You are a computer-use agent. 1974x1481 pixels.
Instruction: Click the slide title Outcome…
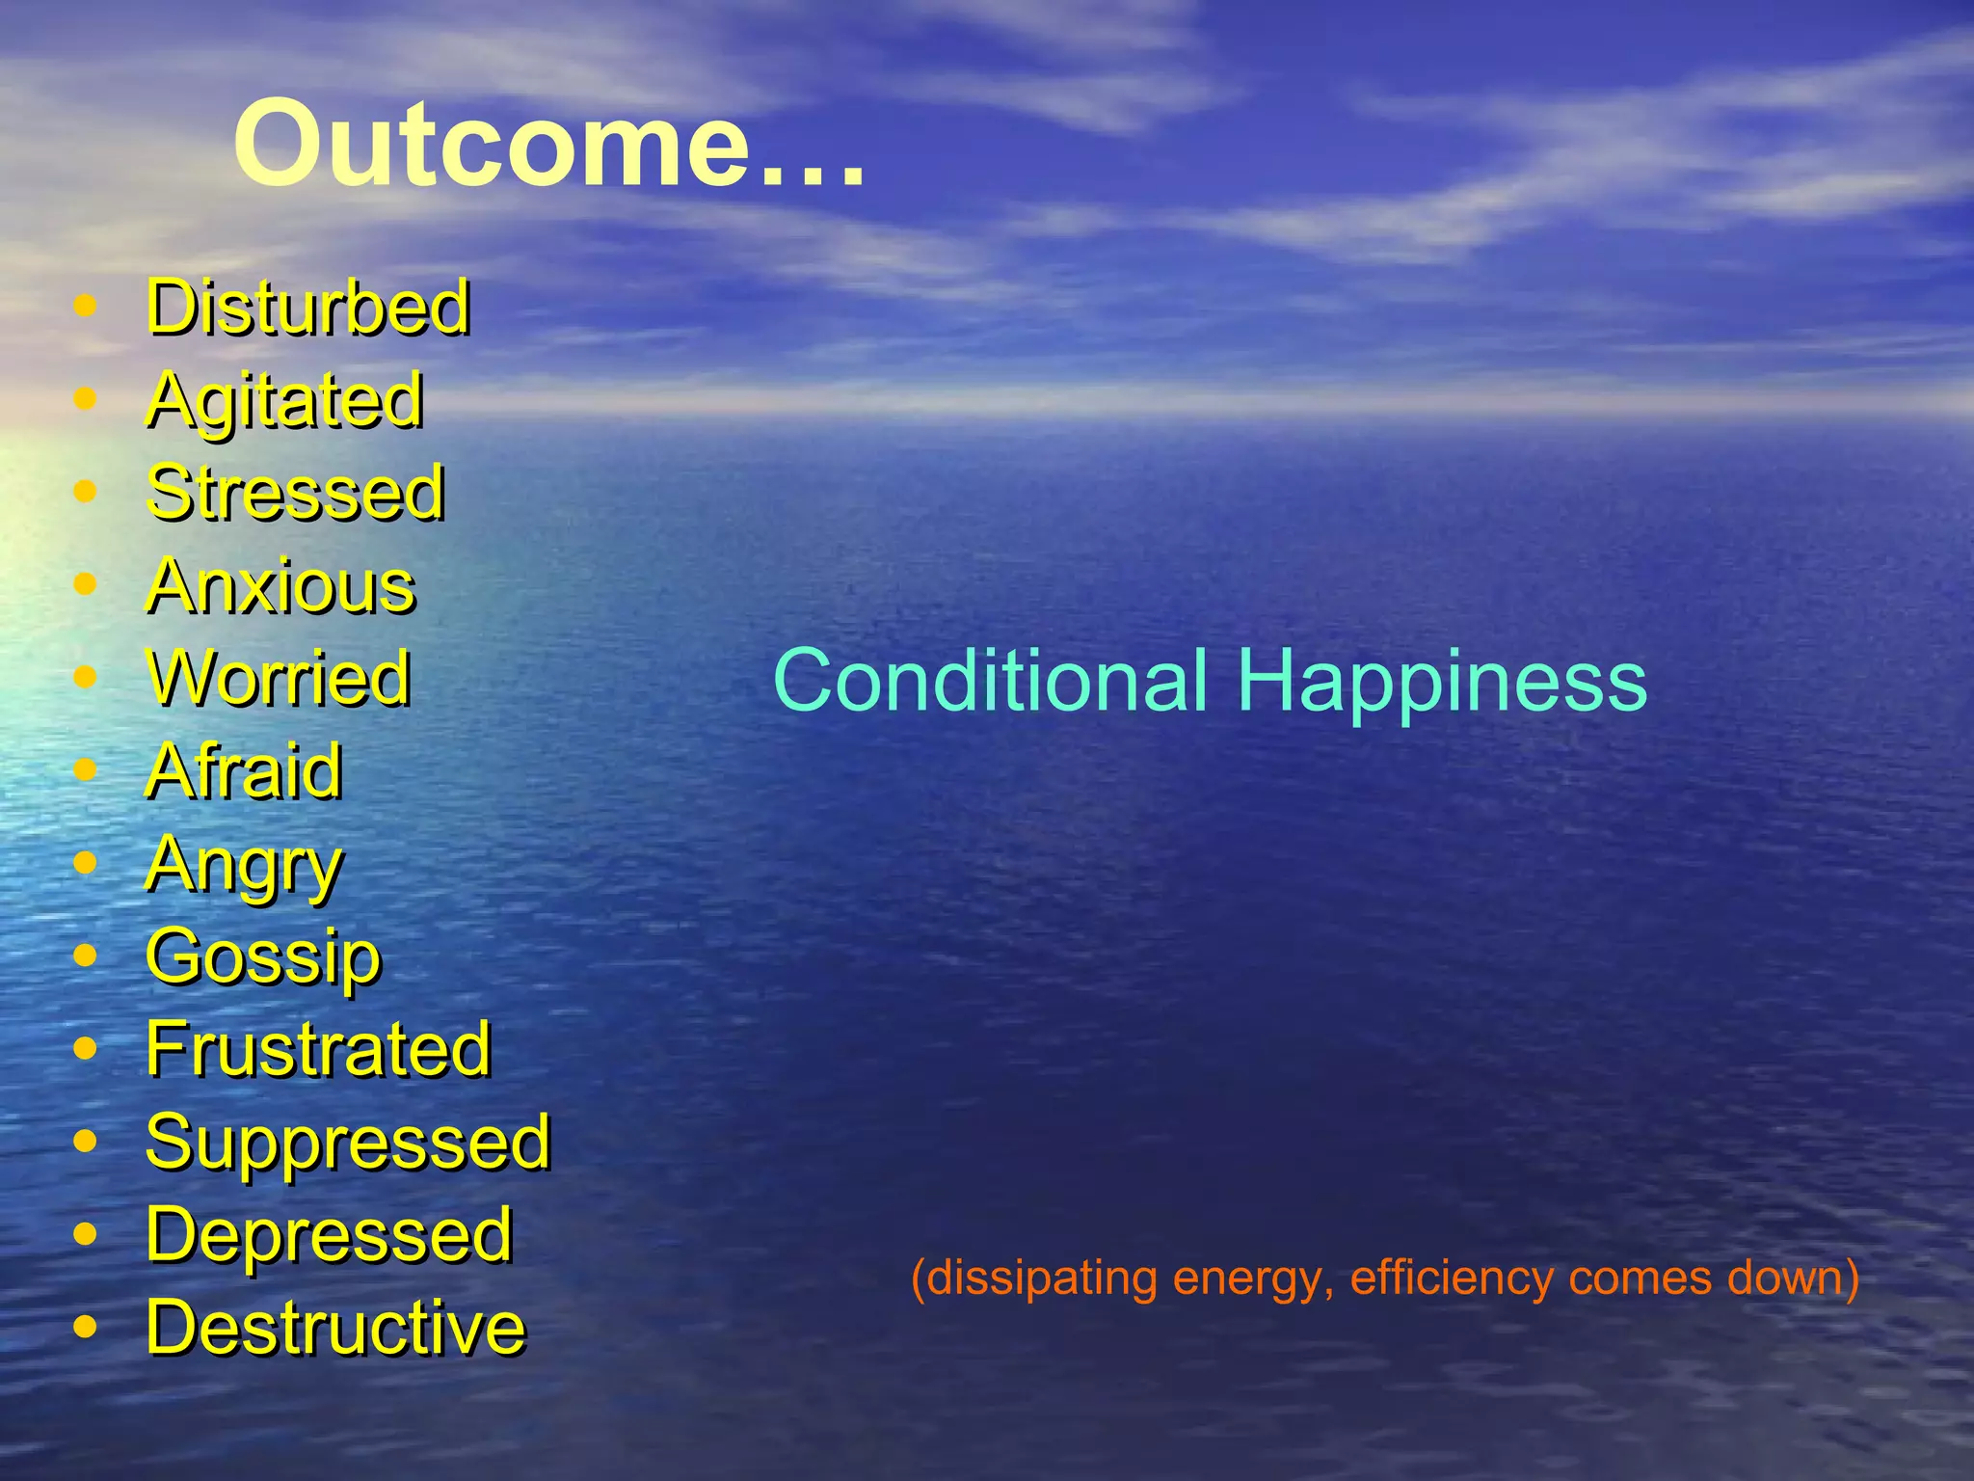[549, 145]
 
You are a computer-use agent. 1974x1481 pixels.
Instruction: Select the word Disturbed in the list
[307, 307]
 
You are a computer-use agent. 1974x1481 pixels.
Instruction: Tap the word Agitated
[284, 400]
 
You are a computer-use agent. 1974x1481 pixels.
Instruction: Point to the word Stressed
[295, 493]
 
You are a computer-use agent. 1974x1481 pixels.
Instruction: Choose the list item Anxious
[280, 586]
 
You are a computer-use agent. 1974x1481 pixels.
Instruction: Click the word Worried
[279, 678]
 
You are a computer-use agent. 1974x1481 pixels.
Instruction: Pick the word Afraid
[244, 770]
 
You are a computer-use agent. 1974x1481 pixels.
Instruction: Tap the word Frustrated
[318, 1049]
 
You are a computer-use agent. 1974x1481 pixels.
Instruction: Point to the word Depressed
[329, 1234]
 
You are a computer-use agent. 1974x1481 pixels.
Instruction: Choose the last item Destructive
[335, 1328]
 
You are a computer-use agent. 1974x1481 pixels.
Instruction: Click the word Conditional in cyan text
[990, 681]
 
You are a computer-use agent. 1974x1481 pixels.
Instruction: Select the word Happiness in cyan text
[1442, 681]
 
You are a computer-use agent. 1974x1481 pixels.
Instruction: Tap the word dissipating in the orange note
[1041, 1279]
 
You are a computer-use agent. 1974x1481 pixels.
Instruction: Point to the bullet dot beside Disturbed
[85, 307]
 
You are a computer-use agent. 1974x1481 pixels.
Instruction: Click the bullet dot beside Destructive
[85, 1328]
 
